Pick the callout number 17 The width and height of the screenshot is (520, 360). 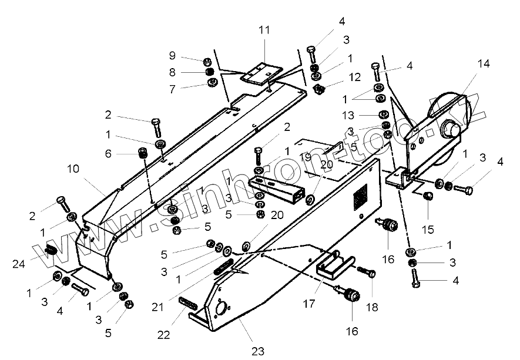pyautogui.click(x=310, y=304)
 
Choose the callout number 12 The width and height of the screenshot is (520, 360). pyautogui.click(x=355, y=77)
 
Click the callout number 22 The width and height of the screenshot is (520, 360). pyautogui.click(x=163, y=334)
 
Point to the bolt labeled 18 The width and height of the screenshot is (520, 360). pyautogui.click(x=365, y=272)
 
